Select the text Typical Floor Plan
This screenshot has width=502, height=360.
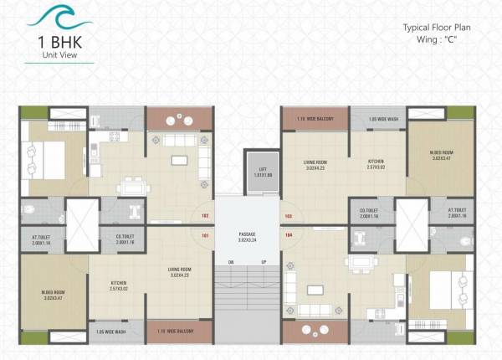438,28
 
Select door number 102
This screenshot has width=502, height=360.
205,216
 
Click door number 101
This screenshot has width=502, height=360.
205,236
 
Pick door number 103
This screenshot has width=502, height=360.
288,216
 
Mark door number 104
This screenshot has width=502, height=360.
288,236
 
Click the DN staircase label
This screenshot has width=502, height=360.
230,262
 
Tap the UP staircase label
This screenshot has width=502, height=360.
264,262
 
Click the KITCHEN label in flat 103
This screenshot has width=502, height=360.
376,162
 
